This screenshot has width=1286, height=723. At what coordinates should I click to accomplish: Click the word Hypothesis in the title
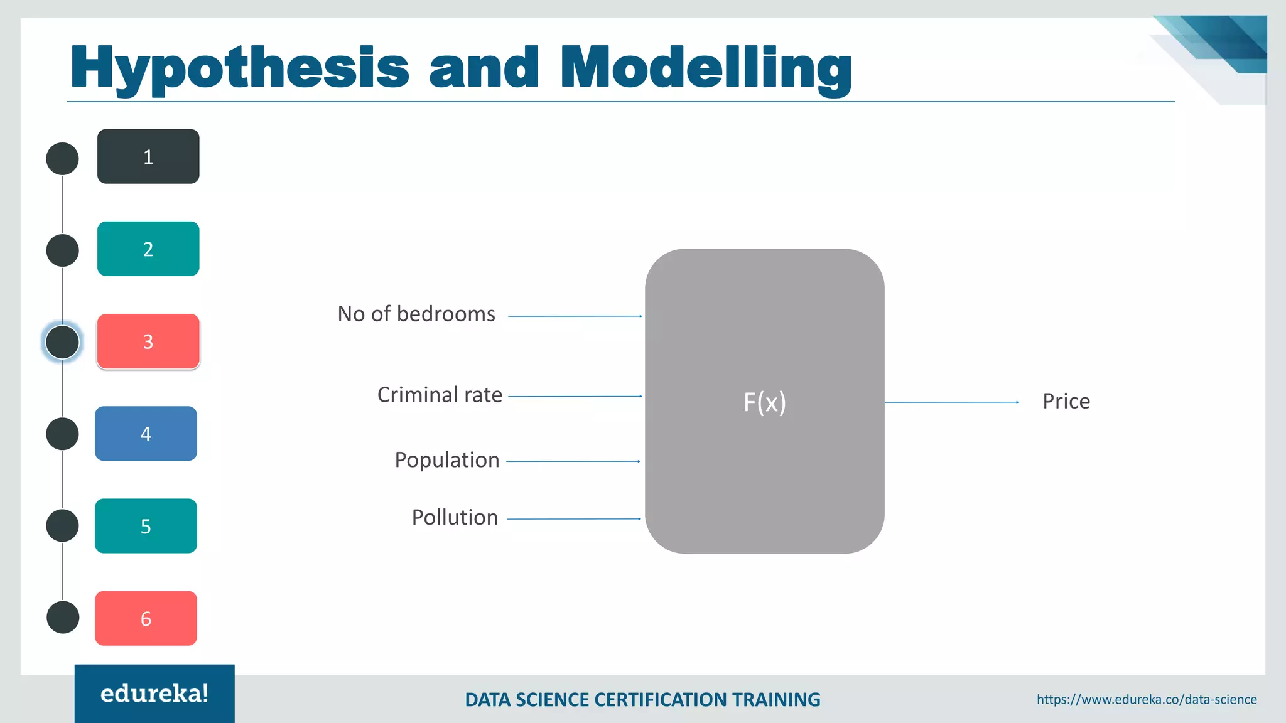pyautogui.click(x=239, y=68)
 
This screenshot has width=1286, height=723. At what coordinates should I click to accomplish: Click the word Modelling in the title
pyautogui.click(x=705, y=68)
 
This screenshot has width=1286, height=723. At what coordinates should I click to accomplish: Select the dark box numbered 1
pyautogui.click(x=148, y=156)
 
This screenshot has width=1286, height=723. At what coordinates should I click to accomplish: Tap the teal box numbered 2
pyautogui.click(x=148, y=249)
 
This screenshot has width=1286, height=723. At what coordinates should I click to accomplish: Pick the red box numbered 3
pyautogui.click(x=148, y=341)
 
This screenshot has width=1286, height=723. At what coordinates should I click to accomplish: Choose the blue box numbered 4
pyautogui.click(x=146, y=434)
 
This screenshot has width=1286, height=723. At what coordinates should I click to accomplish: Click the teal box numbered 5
pyautogui.click(x=146, y=526)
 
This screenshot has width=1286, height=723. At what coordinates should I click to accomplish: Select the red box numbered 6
pyautogui.click(x=146, y=618)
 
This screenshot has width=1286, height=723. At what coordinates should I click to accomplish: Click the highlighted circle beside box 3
pyautogui.click(x=63, y=342)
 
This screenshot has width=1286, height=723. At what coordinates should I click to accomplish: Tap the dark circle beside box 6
pyautogui.click(x=63, y=618)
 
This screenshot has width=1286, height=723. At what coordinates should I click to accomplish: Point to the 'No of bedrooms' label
pyautogui.click(x=416, y=314)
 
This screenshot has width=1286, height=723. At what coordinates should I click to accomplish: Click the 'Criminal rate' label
pyautogui.click(x=440, y=395)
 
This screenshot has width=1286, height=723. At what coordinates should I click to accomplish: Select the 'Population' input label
pyautogui.click(x=447, y=460)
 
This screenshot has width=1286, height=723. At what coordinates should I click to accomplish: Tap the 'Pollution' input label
pyautogui.click(x=455, y=518)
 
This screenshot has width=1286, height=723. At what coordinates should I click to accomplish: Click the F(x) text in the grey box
pyautogui.click(x=764, y=402)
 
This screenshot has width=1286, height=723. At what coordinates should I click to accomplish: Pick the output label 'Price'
pyautogui.click(x=1066, y=401)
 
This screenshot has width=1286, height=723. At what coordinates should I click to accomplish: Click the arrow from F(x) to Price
pyautogui.click(x=951, y=402)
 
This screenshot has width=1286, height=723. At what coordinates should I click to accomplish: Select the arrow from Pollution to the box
pyautogui.click(x=573, y=519)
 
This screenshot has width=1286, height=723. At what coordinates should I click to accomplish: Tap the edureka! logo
pyautogui.click(x=154, y=694)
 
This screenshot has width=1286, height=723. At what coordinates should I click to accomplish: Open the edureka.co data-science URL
pyautogui.click(x=1147, y=699)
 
